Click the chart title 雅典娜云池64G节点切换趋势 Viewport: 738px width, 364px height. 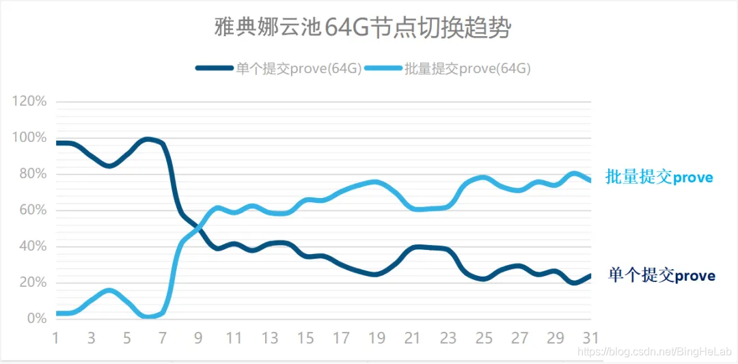pyautogui.click(x=363, y=29)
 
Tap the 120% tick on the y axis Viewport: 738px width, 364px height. pyautogui.click(x=29, y=102)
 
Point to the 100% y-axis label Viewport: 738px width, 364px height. pyautogui.click(x=29, y=138)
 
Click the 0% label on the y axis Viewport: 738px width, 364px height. pyautogui.click(x=36, y=319)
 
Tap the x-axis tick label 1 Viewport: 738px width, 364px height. pyautogui.click(x=56, y=337)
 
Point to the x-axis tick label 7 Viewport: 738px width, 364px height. pyautogui.click(x=163, y=337)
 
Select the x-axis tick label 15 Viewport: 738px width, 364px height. pyautogui.click(x=305, y=337)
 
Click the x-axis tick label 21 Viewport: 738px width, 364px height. pyautogui.click(x=412, y=337)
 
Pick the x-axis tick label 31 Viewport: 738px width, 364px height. pyautogui.click(x=590, y=337)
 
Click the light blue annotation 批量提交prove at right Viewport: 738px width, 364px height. pyautogui.click(x=659, y=178)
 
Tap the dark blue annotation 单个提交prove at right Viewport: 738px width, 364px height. pyautogui.click(x=661, y=276)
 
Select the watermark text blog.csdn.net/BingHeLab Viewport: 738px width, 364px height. pyautogui.click(x=656, y=351)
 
